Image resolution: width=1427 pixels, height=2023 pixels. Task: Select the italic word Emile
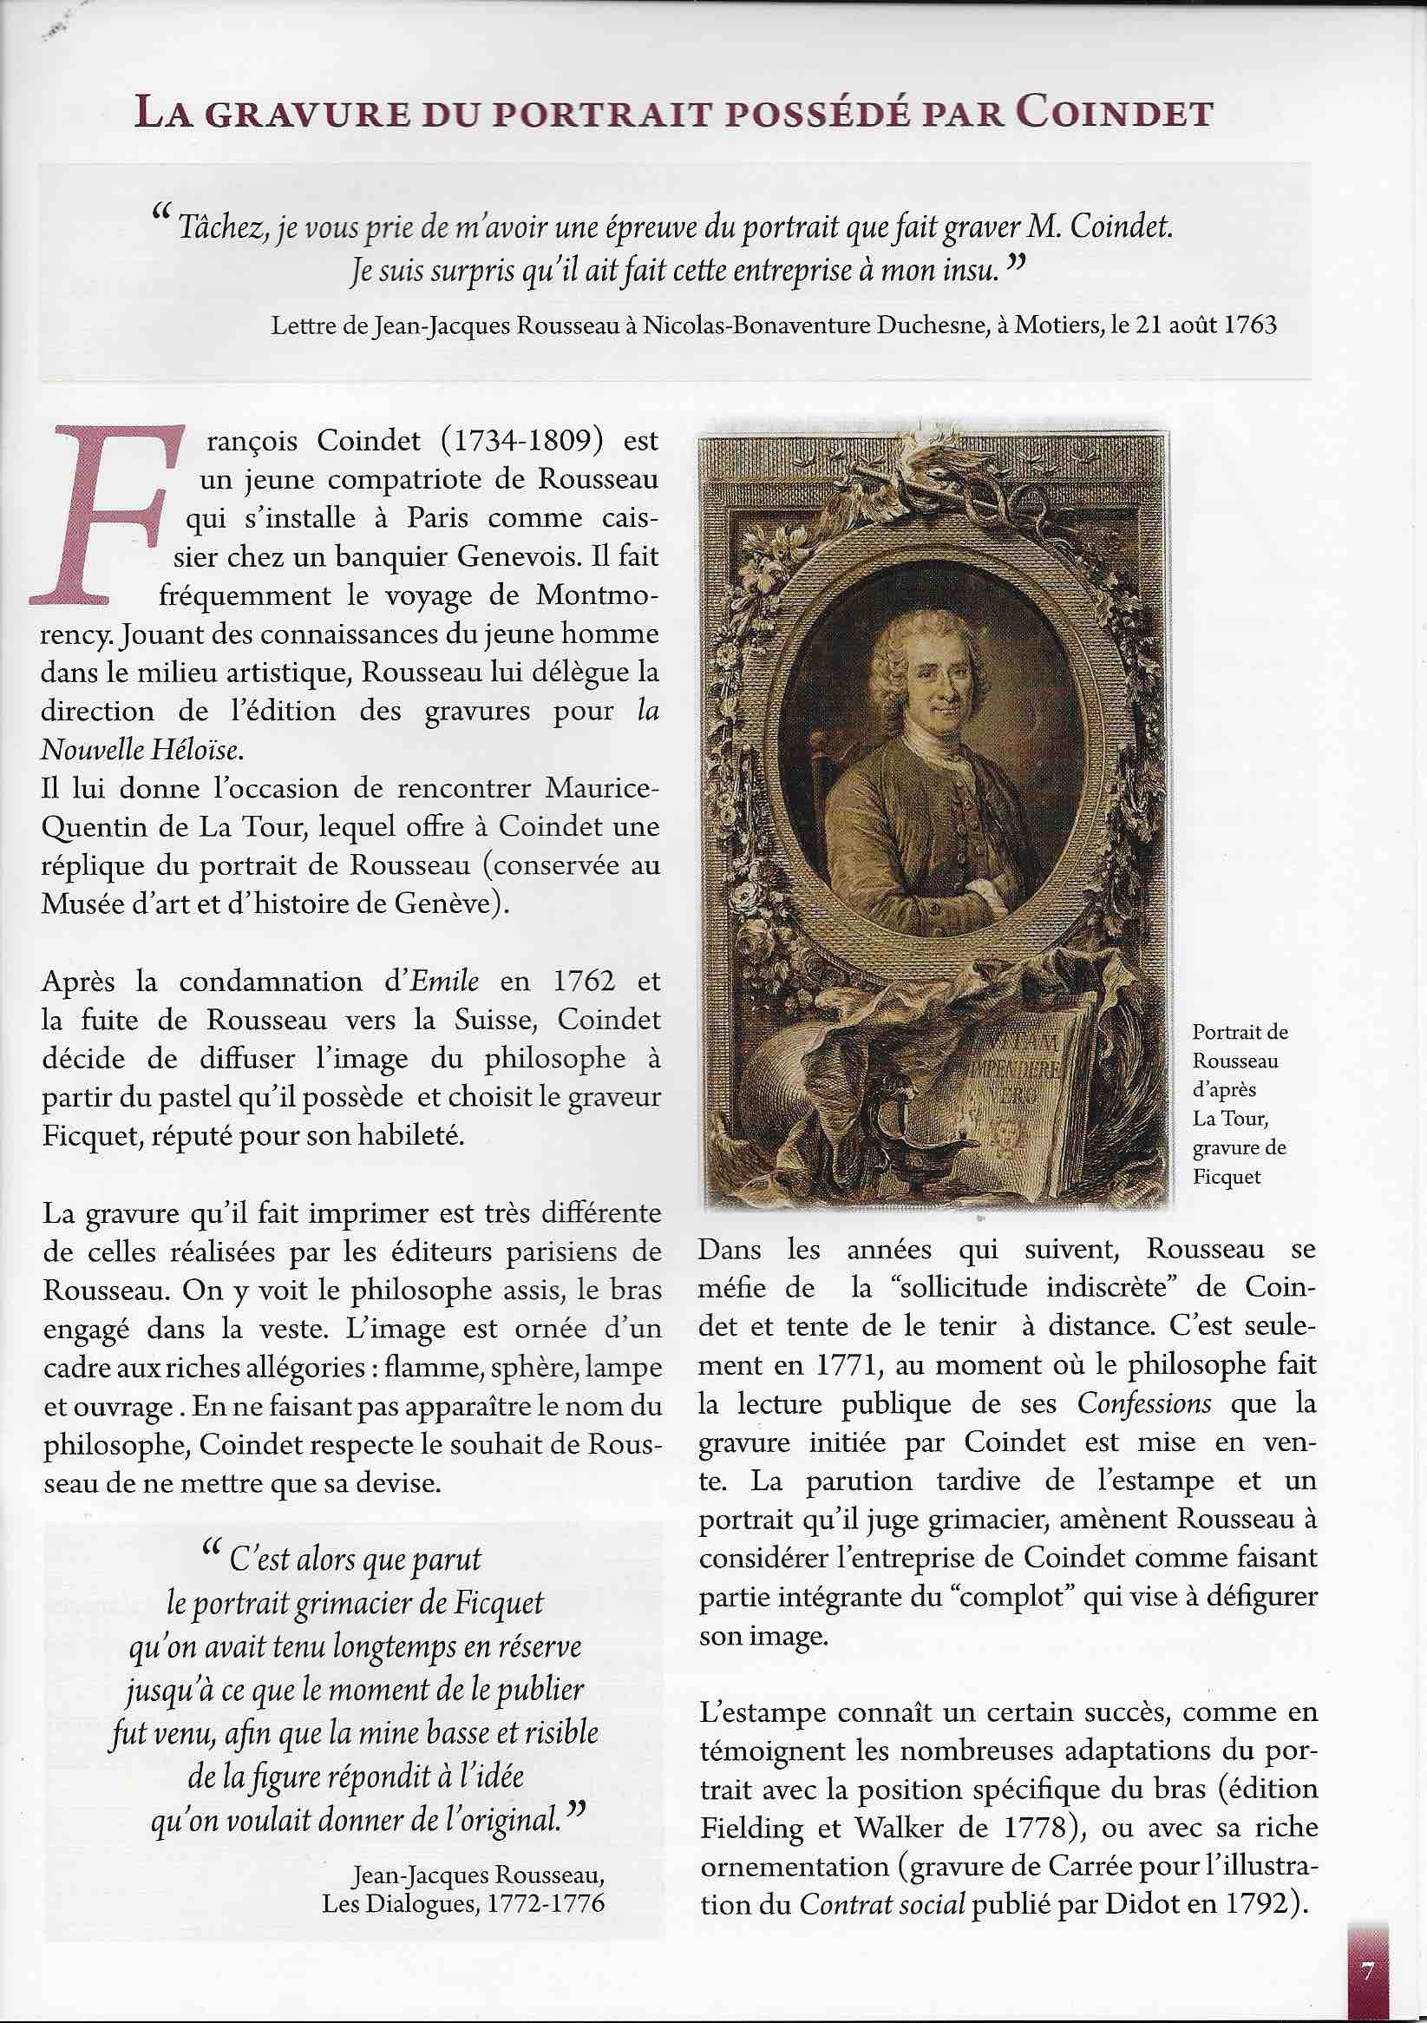[446, 981]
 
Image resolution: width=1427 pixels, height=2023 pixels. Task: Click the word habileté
[403, 1136]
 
